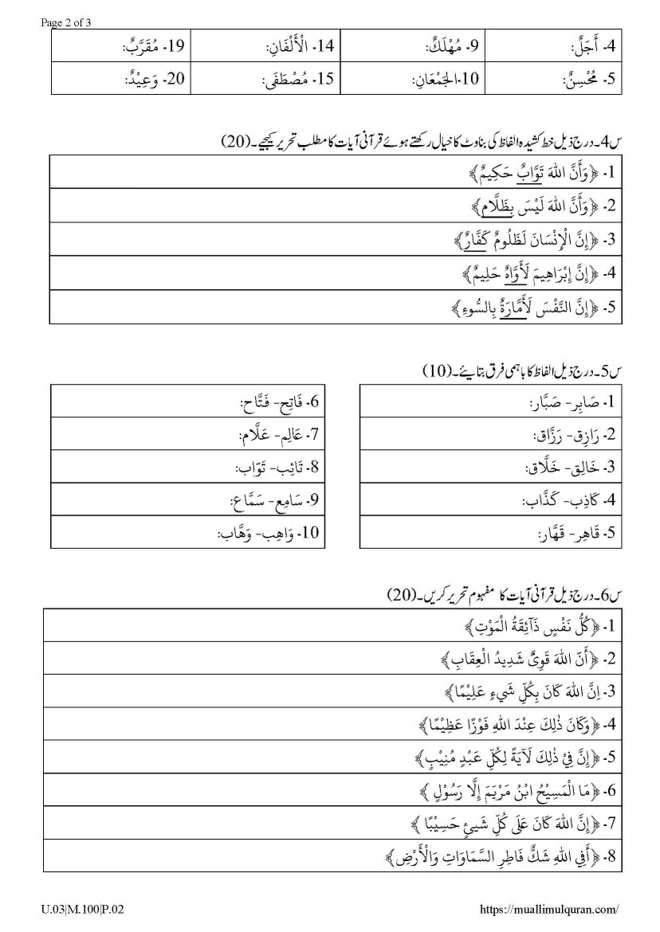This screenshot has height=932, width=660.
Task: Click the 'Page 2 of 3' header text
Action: click(66, 22)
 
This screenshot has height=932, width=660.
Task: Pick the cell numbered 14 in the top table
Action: click(299, 46)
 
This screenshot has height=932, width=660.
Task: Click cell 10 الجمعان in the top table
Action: click(445, 80)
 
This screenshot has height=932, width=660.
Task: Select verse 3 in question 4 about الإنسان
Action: click(528, 239)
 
